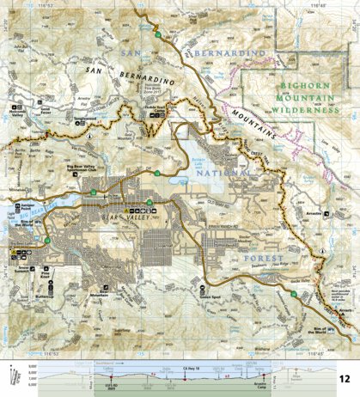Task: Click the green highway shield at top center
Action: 159,34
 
